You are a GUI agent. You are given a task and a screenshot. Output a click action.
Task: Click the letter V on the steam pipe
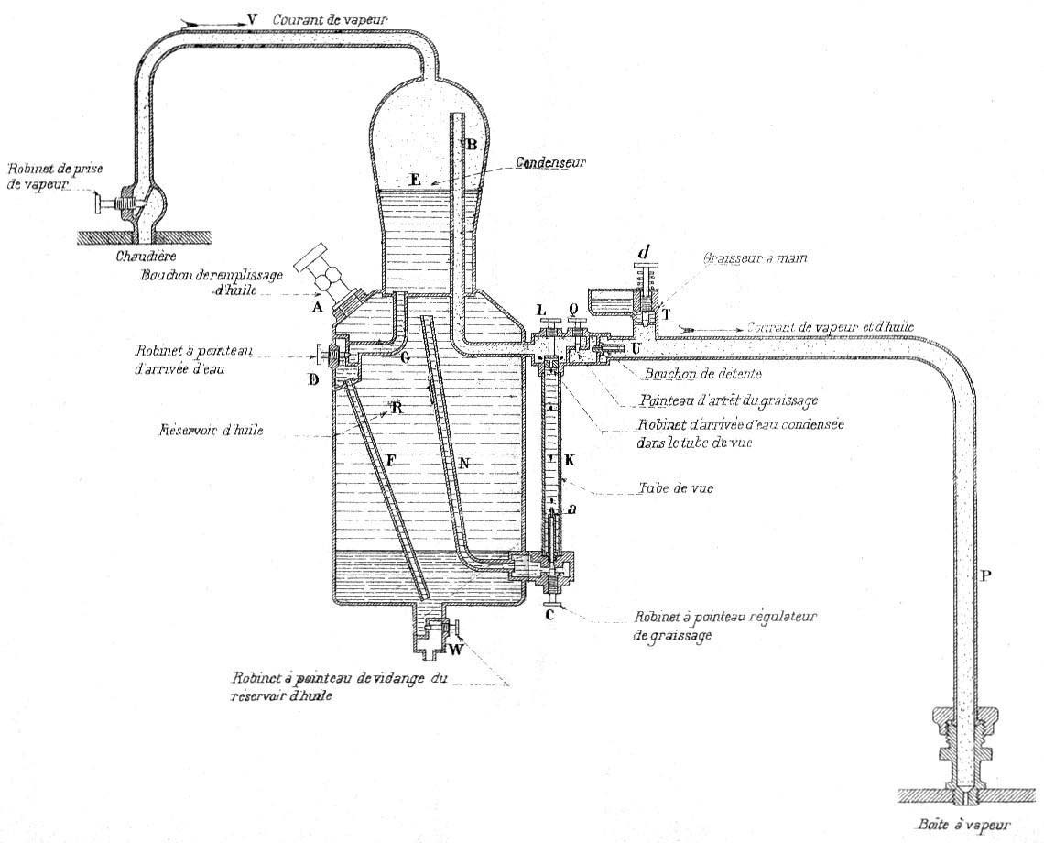[252, 19]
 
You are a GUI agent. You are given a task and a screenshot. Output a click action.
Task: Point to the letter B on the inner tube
[473, 144]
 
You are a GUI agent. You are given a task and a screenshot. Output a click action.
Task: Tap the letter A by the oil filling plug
[318, 308]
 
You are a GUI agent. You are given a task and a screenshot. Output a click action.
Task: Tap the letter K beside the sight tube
[569, 461]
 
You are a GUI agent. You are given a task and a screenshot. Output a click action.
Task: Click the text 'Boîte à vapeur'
[956, 823]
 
